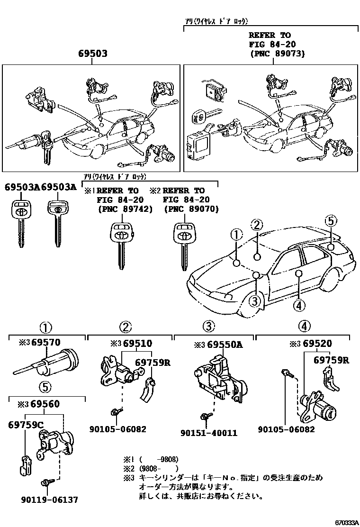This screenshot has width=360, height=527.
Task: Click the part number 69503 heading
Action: point(92,54)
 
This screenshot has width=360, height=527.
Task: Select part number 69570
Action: point(45,343)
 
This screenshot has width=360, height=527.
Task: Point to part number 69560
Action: point(45,404)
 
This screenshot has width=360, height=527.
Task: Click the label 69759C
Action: point(25,424)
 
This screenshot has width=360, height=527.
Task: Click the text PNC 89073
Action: point(277,53)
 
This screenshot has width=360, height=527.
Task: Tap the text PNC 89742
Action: point(125,209)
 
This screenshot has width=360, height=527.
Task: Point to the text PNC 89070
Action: point(191,209)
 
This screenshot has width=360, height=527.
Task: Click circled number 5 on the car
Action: point(330,220)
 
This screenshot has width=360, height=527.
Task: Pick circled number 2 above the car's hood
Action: point(256,225)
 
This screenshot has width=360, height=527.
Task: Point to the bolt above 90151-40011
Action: point(205,416)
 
